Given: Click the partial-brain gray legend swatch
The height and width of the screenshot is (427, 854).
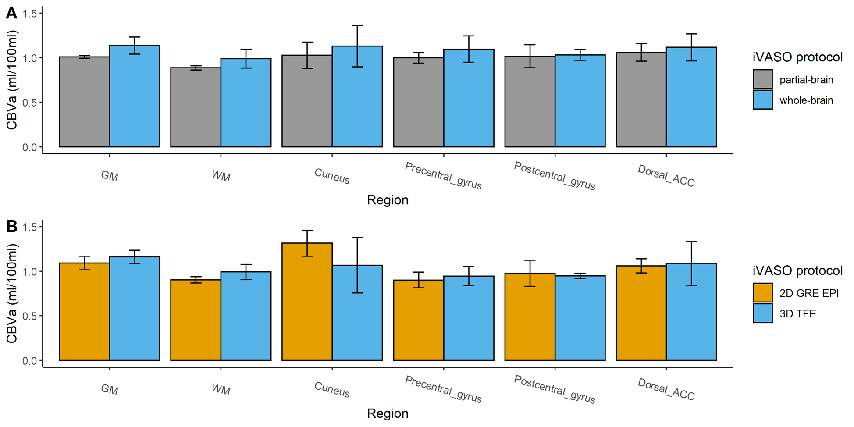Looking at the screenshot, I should (x=762, y=79).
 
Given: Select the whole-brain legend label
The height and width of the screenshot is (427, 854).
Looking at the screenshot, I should (x=806, y=100).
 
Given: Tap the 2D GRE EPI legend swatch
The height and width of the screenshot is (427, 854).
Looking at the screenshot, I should (x=762, y=293).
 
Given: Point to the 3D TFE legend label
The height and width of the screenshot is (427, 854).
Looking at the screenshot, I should (x=797, y=314).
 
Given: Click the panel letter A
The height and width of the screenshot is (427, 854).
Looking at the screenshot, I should (x=11, y=13).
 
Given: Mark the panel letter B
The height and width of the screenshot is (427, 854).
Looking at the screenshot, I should (x=11, y=227).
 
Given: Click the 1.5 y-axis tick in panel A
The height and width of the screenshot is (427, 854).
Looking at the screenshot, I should (x=30, y=13).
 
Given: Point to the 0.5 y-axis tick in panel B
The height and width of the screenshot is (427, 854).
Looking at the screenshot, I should (x=30, y=316).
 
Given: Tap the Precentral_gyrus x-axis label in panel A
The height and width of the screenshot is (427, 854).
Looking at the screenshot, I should (x=443, y=176).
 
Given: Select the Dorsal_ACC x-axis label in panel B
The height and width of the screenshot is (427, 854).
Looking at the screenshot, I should (x=666, y=390).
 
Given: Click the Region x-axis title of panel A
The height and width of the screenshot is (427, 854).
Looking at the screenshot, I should (x=388, y=200).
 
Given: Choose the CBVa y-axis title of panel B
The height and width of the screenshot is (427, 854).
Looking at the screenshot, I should (x=12, y=294).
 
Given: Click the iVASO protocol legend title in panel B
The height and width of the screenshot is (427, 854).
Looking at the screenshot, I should (x=797, y=270).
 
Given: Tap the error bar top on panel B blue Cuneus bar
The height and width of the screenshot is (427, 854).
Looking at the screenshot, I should (x=357, y=238).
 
